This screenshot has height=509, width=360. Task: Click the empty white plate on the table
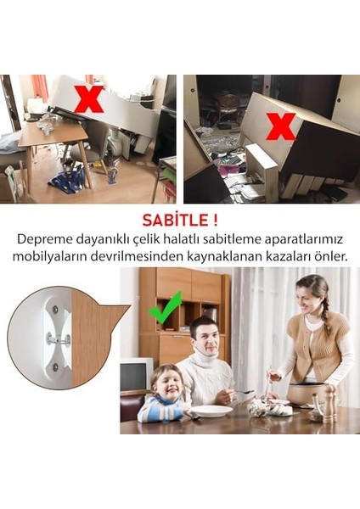[x=211, y=411]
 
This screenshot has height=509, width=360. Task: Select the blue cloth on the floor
[x=66, y=181]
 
